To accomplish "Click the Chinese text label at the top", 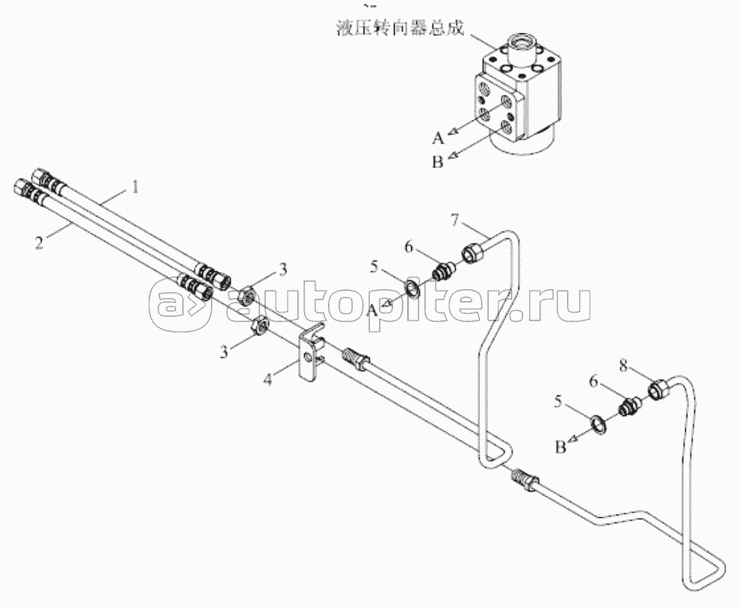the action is tap(400, 28).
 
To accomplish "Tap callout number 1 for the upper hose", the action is tap(135, 188).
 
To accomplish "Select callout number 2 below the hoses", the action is tap(39, 243).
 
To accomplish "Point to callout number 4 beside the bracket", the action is tap(268, 380).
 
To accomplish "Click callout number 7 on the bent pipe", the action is tap(454, 220).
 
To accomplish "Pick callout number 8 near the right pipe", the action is tap(623, 366).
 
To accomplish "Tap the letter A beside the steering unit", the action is tap(439, 137).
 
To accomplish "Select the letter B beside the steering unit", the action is tap(438, 161).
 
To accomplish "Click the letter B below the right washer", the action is tap(560, 447).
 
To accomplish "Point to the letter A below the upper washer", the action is tap(372, 310).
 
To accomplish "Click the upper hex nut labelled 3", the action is tap(247, 297).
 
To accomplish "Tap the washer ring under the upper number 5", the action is tap(413, 288).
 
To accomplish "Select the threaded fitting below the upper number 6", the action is tap(444, 272).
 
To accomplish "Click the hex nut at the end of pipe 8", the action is tap(658, 389).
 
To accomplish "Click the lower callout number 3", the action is tap(224, 351).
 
